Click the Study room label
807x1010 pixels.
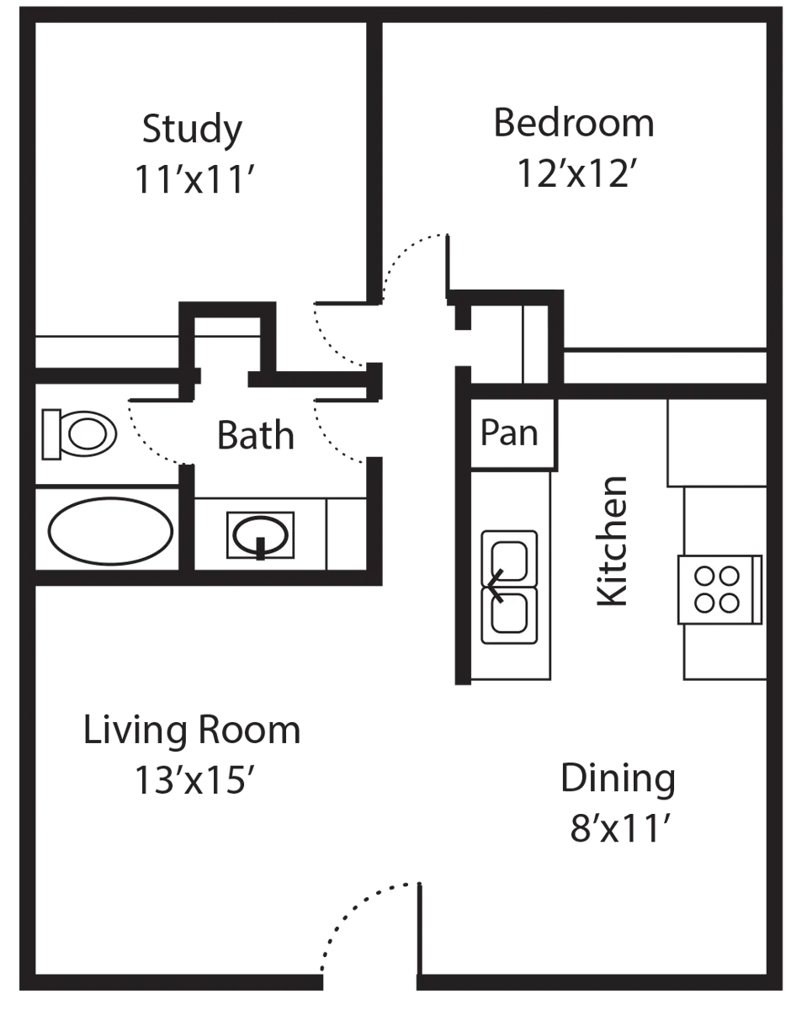[193, 129]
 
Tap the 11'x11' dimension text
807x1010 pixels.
[194, 178]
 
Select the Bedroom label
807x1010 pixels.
[573, 123]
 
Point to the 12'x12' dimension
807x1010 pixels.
[577, 173]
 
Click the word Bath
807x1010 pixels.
[256, 435]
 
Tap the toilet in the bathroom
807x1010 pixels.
[79, 434]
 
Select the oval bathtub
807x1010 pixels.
[111, 531]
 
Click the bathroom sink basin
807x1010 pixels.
[260, 535]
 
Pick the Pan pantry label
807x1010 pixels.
[509, 433]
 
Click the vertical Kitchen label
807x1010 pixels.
[612, 541]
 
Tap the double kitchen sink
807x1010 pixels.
[510, 587]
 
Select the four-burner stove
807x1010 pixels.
[719, 589]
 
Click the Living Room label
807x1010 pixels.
[192, 730]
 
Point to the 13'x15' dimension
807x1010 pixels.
[194, 780]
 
